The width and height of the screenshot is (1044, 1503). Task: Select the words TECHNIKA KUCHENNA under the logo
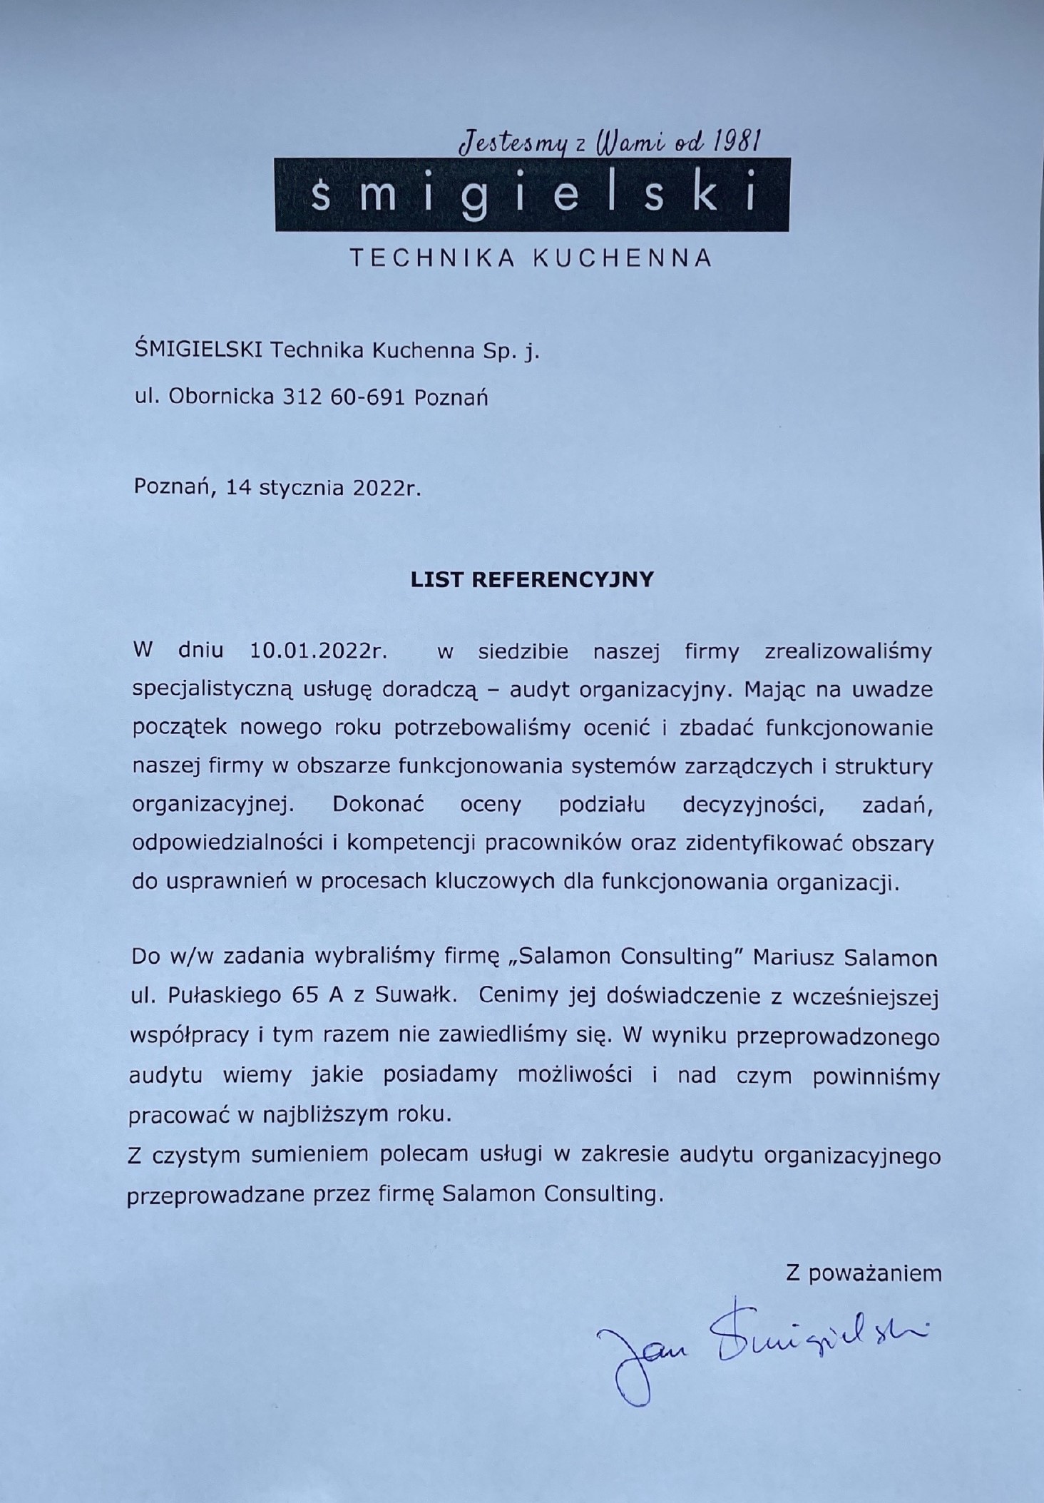pyautogui.click(x=531, y=258)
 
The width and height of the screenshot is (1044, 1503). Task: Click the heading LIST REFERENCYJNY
pyautogui.click(x=532, y=579)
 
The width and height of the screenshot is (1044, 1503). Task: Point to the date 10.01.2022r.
pyautogui.click(x=317, y=651)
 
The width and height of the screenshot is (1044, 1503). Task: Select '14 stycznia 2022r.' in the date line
pyautogui.click(x=324, y=488)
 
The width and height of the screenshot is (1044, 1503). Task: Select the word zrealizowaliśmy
pyautogui.click(x=848, y=651)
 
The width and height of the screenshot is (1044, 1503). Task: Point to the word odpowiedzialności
pyautogui.click(x=227, y=844)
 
